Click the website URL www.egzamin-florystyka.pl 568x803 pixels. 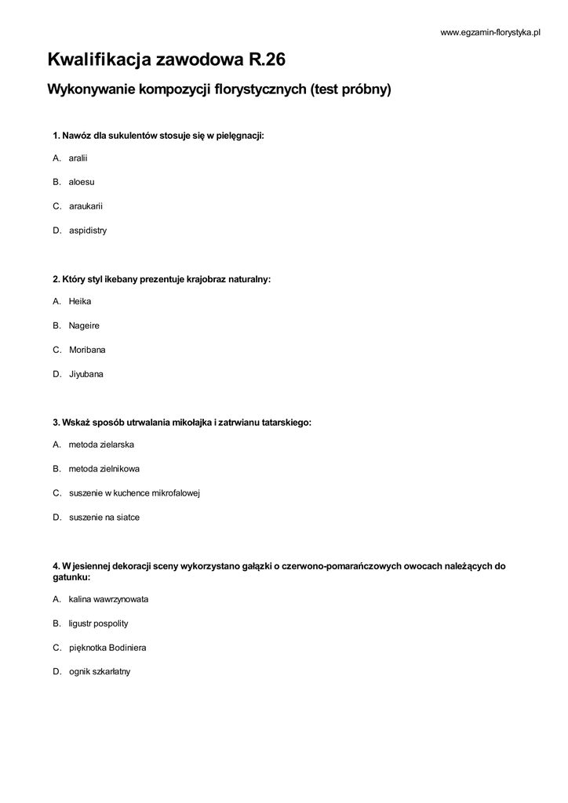[491, 32]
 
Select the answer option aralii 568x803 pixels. [78, 158]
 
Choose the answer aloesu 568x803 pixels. [82, 182]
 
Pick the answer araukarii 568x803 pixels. [86, 206]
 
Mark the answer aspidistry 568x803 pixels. [87, 231]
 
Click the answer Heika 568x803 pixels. [80, 301]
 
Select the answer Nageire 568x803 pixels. [84, 325]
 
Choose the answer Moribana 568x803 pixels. [87, 350]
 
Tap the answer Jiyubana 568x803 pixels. [86, 374]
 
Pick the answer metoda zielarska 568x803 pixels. [101, 445]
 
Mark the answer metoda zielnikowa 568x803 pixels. [104, 469]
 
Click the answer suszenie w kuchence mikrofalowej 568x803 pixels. [134, 493]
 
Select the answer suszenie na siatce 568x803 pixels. [104, 518]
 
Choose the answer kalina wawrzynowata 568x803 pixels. [108, 599]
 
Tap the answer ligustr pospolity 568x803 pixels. [98, 623]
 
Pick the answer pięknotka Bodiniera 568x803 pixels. [107, 648]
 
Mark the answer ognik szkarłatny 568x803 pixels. [100, 672]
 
